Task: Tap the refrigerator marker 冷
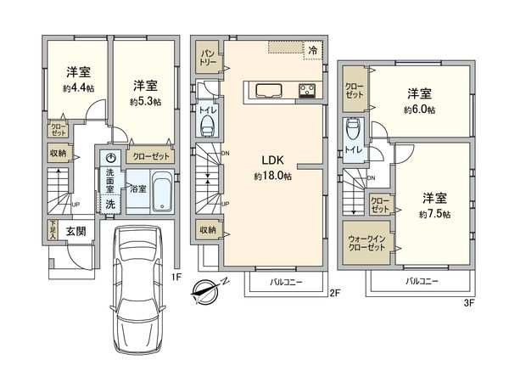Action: (313, 49)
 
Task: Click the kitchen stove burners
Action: (305, 90)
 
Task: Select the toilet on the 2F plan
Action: (206, 124)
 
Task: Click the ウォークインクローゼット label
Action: (366, 244)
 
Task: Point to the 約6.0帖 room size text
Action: (419, 110)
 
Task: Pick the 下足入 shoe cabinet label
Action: (52, 229)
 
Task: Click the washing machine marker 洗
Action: (109, 204)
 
